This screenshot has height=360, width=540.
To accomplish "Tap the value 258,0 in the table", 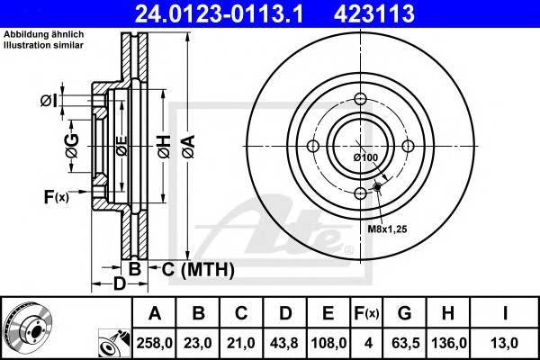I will pyautogui.click(x=156, y=343).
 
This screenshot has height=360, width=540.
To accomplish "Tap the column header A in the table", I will pyautogui.click(x=155, y=313).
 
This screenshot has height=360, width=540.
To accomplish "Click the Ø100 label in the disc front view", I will pyautogui.click(x=364, y=158).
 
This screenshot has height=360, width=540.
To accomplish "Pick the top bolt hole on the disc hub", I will pyautogui.click(x=360, y=100).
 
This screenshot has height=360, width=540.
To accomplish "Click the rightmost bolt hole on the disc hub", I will pyautogui.click(x=407, y=147).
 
